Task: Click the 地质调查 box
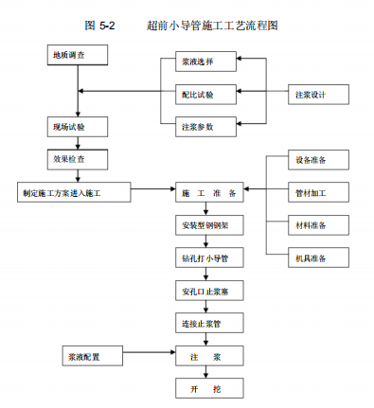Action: [x=75, y=56]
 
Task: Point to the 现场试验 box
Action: [x=75, y=126]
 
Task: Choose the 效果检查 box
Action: [x=75, y=158]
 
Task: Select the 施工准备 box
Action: [x=209, y=192]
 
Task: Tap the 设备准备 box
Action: [x=311, y=160]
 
